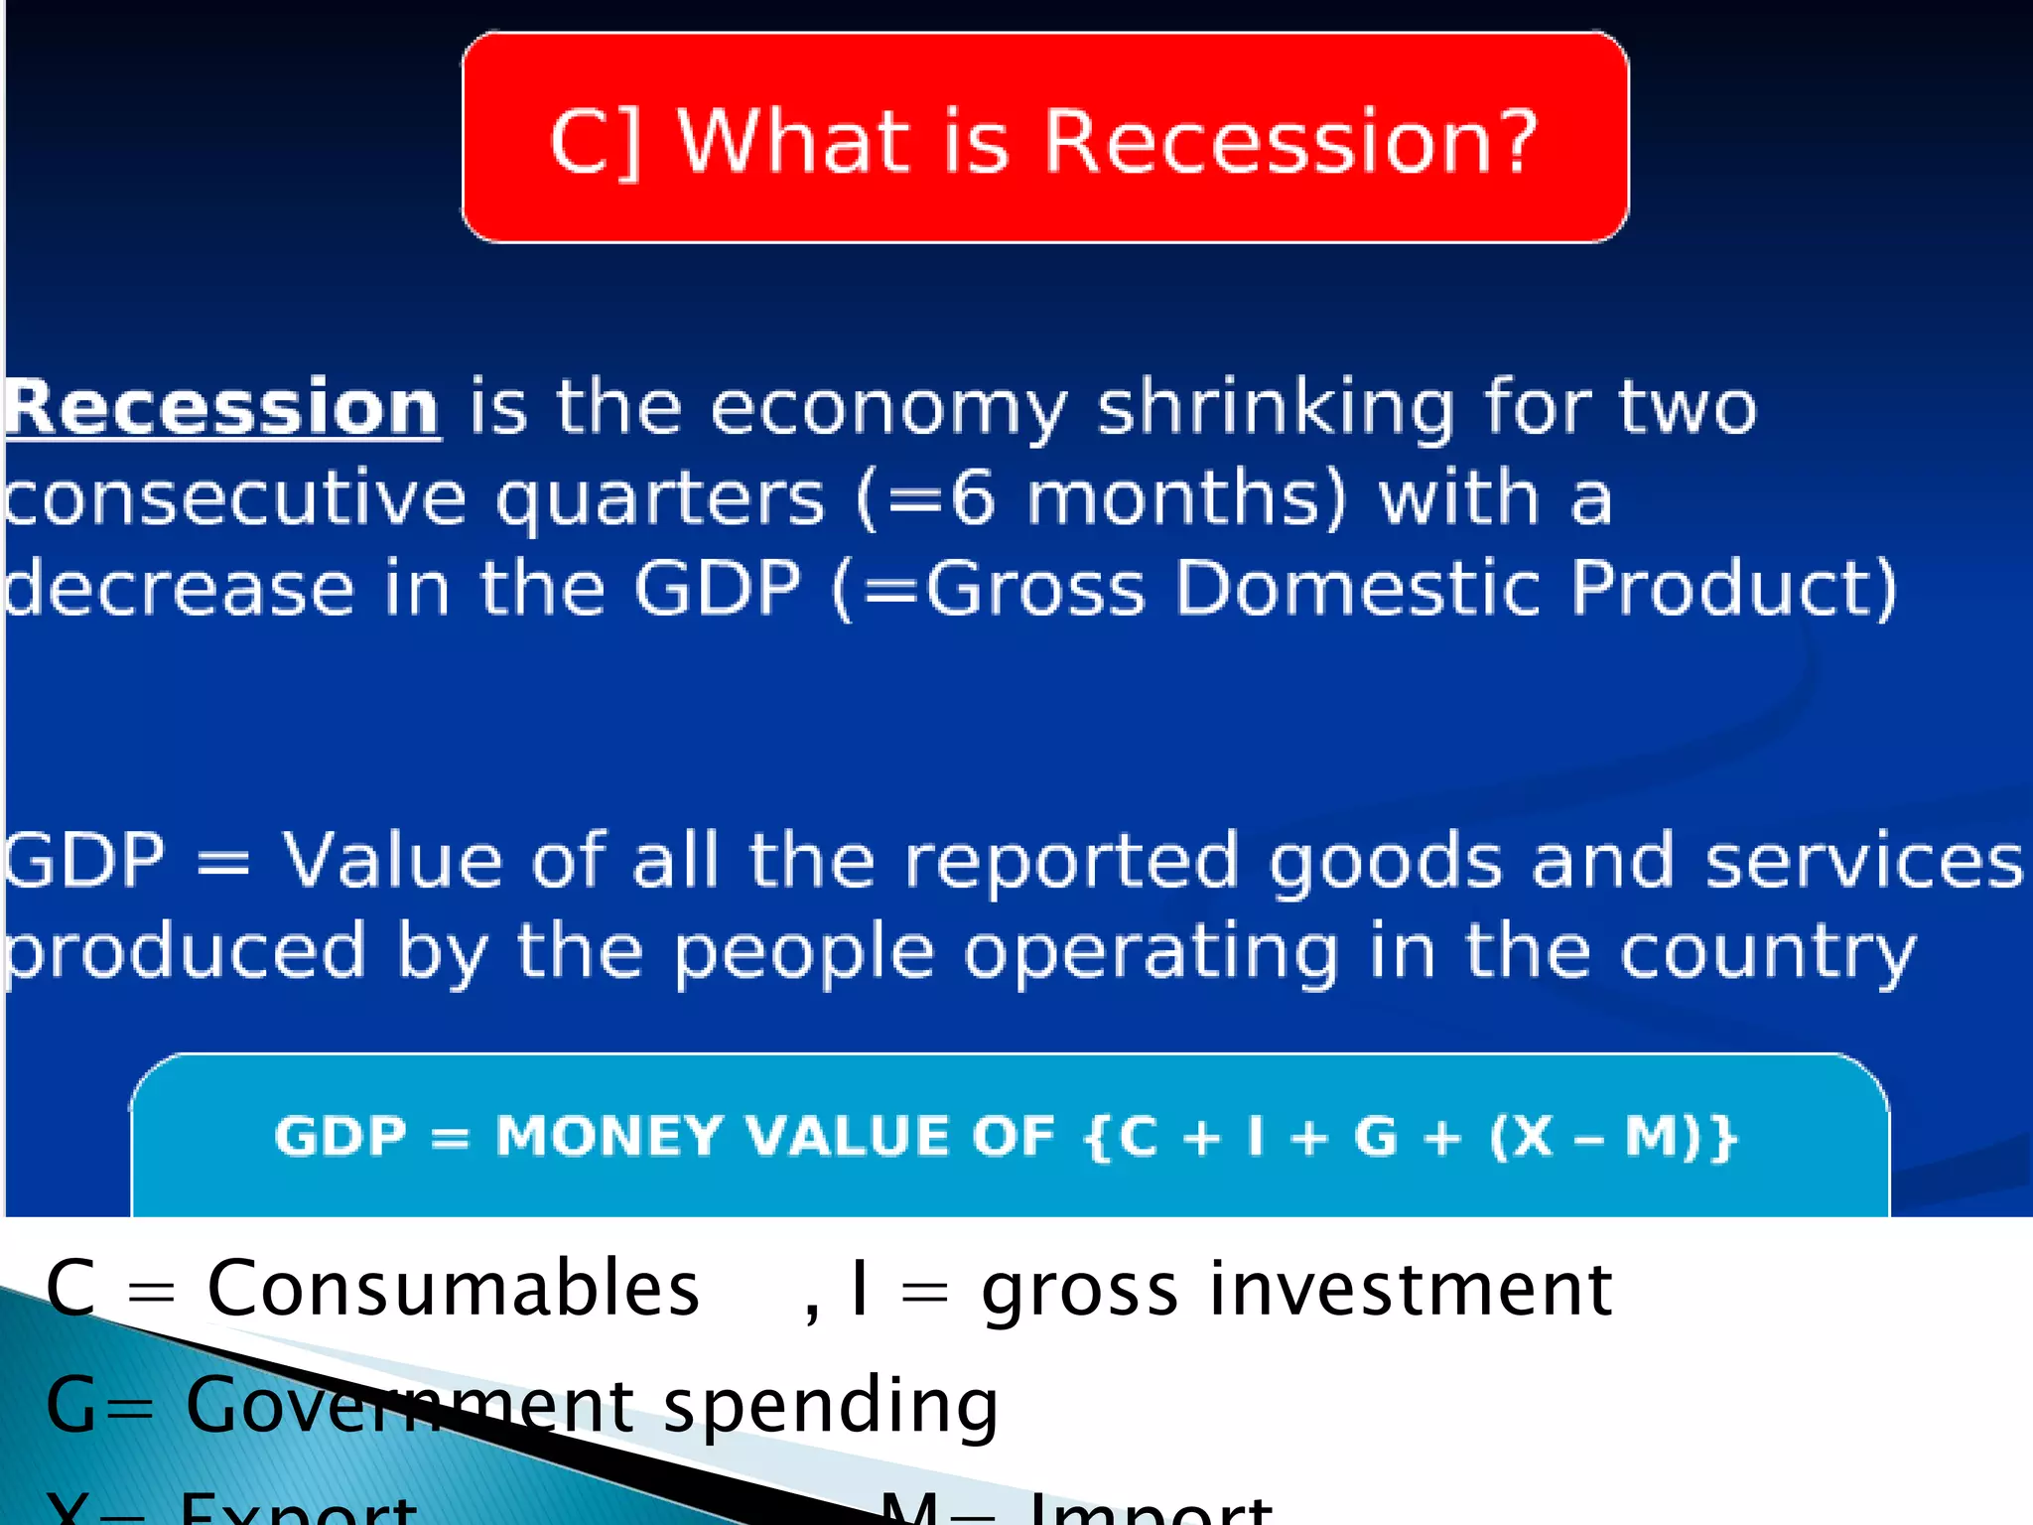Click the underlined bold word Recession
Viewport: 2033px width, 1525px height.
[x=222, y=408]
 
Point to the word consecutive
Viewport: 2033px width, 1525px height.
[x=234, y=498]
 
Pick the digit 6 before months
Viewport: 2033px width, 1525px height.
[x=972, y=498]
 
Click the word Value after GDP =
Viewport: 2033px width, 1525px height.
[x=393, y=860]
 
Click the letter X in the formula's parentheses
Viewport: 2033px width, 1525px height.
[x=1533, y=1136]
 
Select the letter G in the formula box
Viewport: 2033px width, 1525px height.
[x=1376, y=1136]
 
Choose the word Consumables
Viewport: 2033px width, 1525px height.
[x=453, y=1289]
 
